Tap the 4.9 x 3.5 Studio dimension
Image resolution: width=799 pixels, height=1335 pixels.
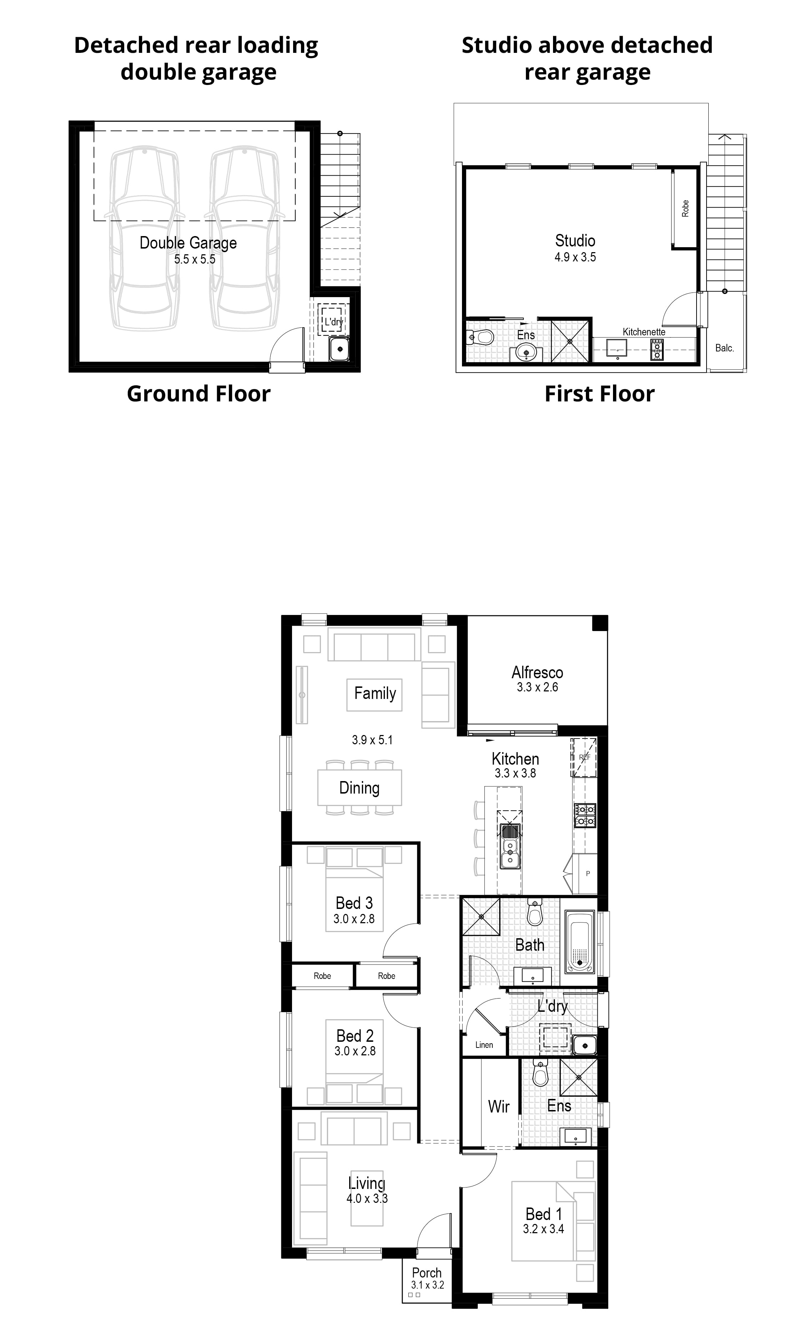(x=575, y=257)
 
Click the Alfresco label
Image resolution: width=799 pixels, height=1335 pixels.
(x=537, y=672)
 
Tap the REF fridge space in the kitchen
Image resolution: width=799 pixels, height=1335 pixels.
(x=584, y=757)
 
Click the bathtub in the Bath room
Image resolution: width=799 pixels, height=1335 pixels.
(x=580, y=941)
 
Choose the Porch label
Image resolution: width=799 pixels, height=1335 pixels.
(x=426, y=1272)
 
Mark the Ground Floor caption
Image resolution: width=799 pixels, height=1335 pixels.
(x=198, y=394)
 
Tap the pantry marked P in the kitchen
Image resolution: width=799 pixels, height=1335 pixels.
(x=587, y=874)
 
